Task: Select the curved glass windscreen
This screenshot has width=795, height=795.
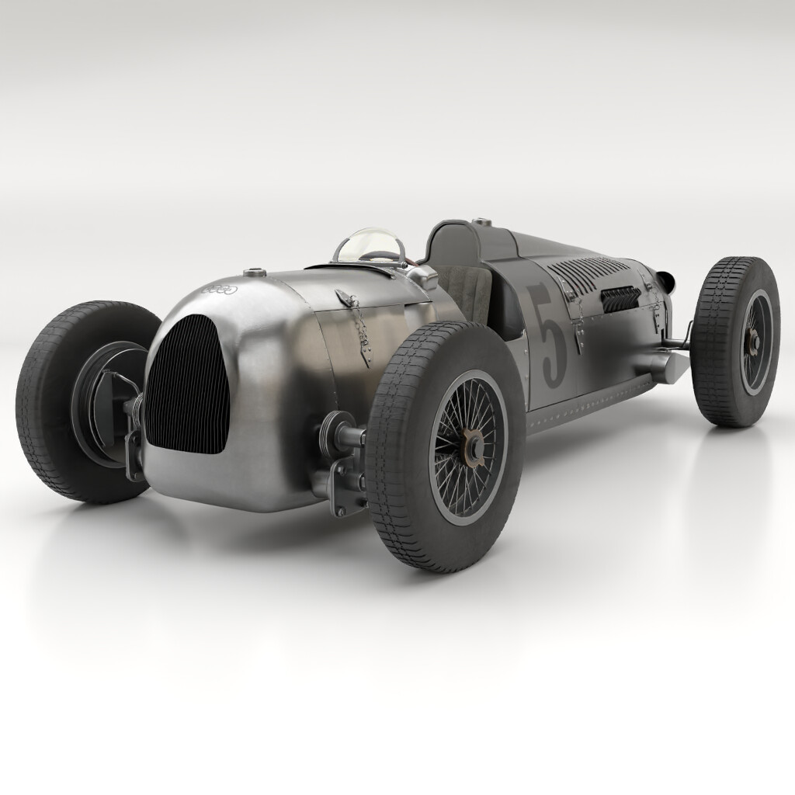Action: click(370, 245)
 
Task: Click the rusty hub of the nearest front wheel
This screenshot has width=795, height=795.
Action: click(470, 448)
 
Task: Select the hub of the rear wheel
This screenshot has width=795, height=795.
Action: click(752, 342)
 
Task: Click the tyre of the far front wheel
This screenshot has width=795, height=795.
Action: click(47, 404)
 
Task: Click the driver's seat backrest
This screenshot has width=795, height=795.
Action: click(464, 291)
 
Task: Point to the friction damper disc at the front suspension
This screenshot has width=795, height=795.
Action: click(342, 429)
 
